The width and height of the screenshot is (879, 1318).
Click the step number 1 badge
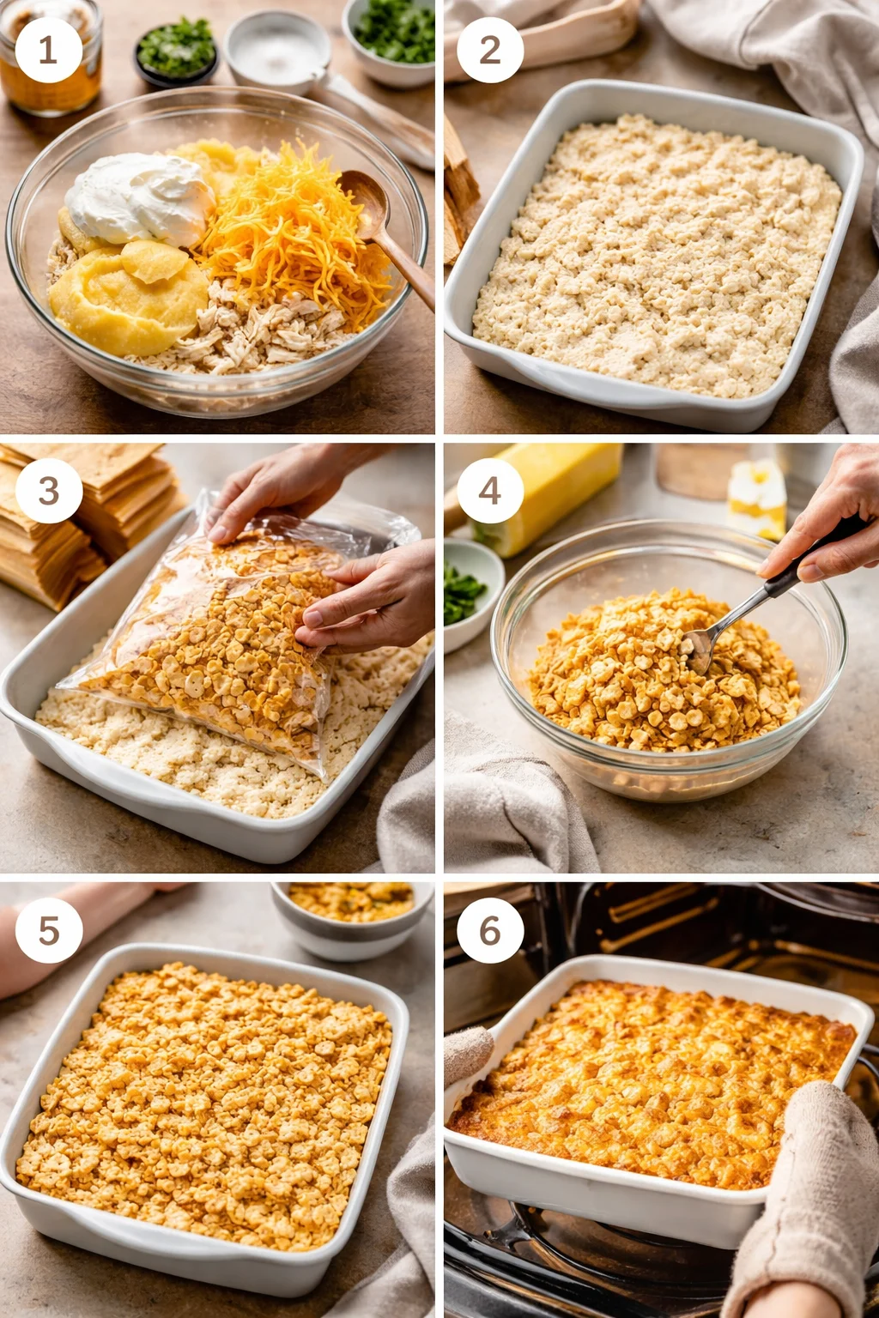click(48, 50)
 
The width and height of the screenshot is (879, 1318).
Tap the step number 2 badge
click(490, 50)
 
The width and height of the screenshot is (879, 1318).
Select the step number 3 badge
click(49, 490)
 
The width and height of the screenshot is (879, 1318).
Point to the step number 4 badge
click(490, 490)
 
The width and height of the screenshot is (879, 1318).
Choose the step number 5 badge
click(49, 930)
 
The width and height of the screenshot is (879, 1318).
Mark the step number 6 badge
click(490, 930)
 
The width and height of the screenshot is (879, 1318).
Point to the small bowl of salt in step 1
click(276, 50)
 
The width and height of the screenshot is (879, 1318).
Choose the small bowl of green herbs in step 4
click(468, 592)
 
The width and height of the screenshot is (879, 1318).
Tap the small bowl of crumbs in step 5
click(352, 910)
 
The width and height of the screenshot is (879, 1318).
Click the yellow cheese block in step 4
click(558, 489)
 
